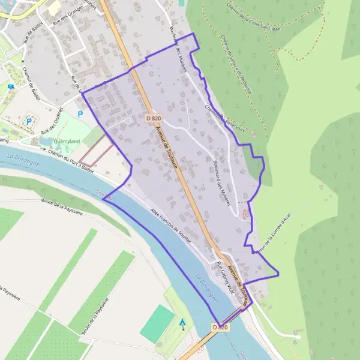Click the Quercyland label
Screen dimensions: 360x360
(68, 142)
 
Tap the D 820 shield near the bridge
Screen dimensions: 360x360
(220, 327)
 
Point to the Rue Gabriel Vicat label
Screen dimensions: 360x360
(226, 278)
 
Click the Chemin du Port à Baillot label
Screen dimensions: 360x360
(71, 162)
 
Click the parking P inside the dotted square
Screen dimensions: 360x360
(28, 123)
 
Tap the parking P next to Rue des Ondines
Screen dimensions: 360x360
(80, 113)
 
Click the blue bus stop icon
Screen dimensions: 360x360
(11, 86)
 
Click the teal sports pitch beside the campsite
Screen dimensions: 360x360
(158, 324)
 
